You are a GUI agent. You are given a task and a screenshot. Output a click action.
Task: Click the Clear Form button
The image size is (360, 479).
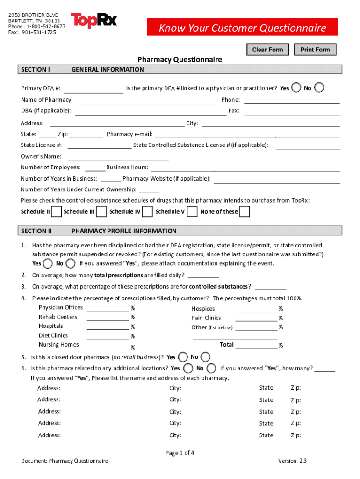[x=267, y=50]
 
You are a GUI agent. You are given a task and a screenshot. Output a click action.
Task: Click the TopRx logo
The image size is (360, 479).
[x=94, y=21]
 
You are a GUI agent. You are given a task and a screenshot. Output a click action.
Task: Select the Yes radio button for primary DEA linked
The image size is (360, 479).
[x=296, y=87]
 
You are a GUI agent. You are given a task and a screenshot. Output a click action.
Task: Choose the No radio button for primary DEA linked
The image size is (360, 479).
[x=319, y=87]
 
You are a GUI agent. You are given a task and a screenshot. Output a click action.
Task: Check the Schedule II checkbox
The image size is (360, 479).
[x=56, y=212]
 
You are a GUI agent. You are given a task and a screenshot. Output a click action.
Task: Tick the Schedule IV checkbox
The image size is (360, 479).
[x=147, y=212]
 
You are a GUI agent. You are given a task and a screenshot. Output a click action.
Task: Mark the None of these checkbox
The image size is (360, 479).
[x=244, y=212]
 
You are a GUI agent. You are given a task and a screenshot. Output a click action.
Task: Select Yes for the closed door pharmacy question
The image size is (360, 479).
[x=183, y=357]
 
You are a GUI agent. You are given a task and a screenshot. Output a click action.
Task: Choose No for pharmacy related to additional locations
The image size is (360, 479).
[x=211, y=368]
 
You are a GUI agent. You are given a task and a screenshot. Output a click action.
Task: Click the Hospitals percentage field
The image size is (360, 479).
[x=108, y=327]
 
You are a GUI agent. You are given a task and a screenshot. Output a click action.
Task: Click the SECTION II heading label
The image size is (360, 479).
[x=36, y=231]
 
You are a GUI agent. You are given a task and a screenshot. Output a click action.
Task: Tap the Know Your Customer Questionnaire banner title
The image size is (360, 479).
[x=242, y=29]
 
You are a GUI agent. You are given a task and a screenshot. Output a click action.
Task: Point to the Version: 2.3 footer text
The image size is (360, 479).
[x=292, y=461]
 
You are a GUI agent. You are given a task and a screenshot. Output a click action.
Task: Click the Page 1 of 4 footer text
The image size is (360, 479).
[x=180, y=453]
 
